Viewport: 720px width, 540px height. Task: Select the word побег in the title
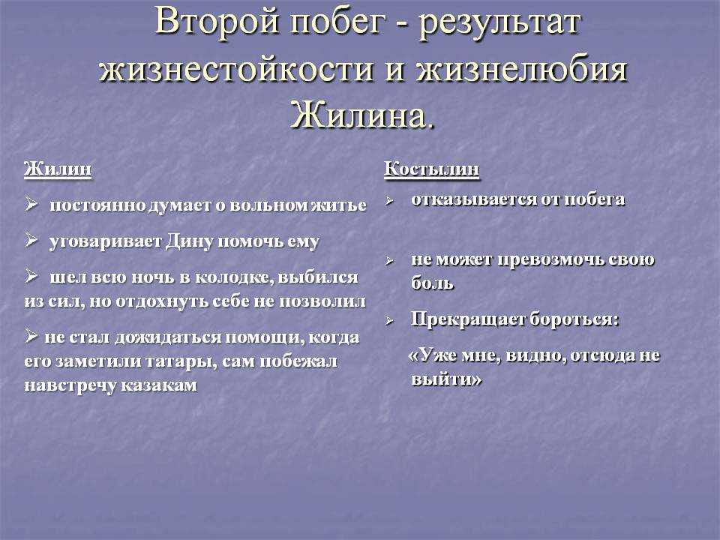point(337,23)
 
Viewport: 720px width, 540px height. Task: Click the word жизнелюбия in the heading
point(521,70)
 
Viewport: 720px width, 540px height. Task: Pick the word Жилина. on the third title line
point(362,115)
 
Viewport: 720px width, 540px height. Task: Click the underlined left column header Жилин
point(58,169)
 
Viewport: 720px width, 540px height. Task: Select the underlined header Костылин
point(432,169)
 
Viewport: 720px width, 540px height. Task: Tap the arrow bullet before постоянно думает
point(31,203)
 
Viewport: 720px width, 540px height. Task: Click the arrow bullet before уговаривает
point(31,240)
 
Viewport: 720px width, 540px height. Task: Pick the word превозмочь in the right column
point(550,260)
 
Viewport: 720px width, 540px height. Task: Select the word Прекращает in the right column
point(467,319)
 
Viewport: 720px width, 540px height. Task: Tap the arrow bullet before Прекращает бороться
point(389,320)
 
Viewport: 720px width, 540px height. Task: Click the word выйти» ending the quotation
point(446,379)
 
